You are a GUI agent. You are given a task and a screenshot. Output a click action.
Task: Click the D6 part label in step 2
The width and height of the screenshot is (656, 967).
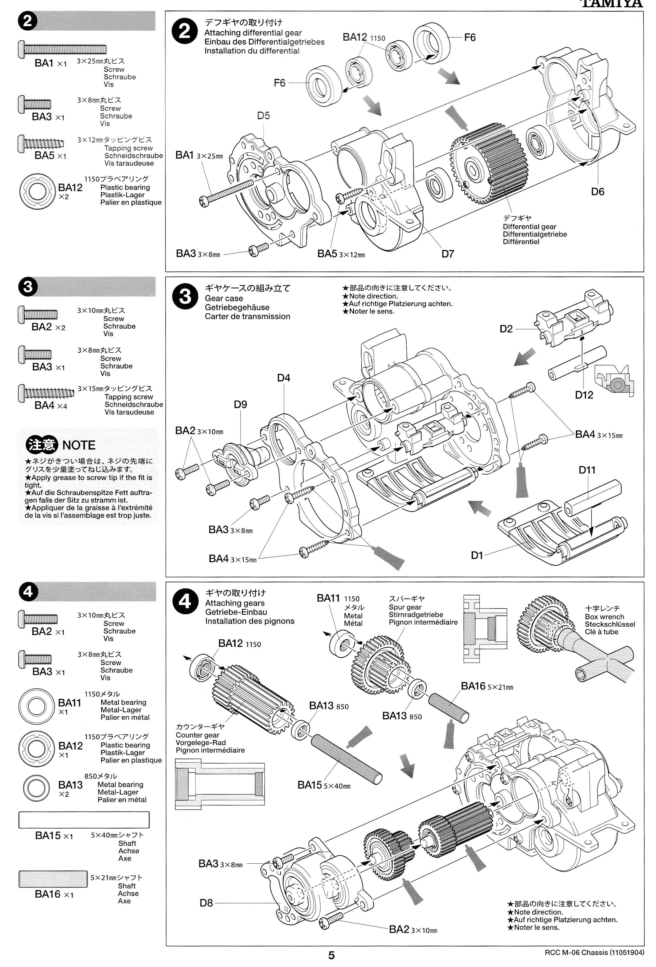(x=597, y=191)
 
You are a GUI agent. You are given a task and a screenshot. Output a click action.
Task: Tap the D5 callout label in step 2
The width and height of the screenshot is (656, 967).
(x=263, y=116)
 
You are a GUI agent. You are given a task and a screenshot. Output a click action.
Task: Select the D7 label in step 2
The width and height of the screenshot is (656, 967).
(x=448, y=253)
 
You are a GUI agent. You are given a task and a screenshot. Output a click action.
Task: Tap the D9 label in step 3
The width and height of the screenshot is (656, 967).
(x=240, y=404)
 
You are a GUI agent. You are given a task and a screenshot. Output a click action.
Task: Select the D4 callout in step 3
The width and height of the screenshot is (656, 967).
(x=283, y=378)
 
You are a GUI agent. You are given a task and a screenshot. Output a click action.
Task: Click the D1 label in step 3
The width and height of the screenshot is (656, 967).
(x=477, y=555)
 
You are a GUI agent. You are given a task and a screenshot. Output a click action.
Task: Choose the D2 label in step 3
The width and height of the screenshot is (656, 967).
(x=506, y=329)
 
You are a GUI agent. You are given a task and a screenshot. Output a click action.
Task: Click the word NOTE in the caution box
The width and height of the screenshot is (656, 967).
(x=79, y=445)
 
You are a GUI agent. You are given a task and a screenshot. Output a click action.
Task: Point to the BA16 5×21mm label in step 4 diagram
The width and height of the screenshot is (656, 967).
(x=487, y=686)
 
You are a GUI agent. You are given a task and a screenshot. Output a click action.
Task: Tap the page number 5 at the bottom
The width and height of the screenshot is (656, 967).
(x=331, y=955)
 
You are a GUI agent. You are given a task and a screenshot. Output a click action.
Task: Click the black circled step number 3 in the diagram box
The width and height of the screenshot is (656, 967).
(x=185, y=297)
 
